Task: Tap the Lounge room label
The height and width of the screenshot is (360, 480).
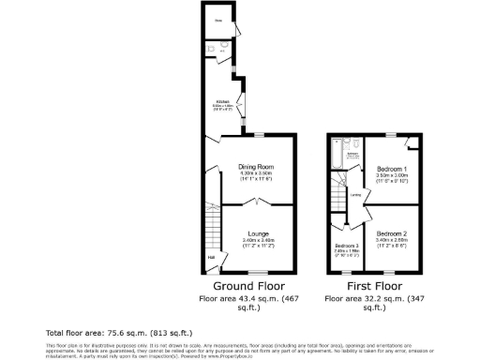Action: [258, 232]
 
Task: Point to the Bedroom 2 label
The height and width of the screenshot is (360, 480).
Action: [391, 232]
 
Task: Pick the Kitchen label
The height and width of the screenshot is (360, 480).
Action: [222, 100]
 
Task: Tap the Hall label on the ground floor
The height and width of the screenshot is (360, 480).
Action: [211, 259]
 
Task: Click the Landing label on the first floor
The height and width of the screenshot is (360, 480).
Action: [357, 196]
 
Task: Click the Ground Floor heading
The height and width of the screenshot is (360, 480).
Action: [248, 285]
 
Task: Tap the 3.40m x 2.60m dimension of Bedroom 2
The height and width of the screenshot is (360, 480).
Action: [391, 240]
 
